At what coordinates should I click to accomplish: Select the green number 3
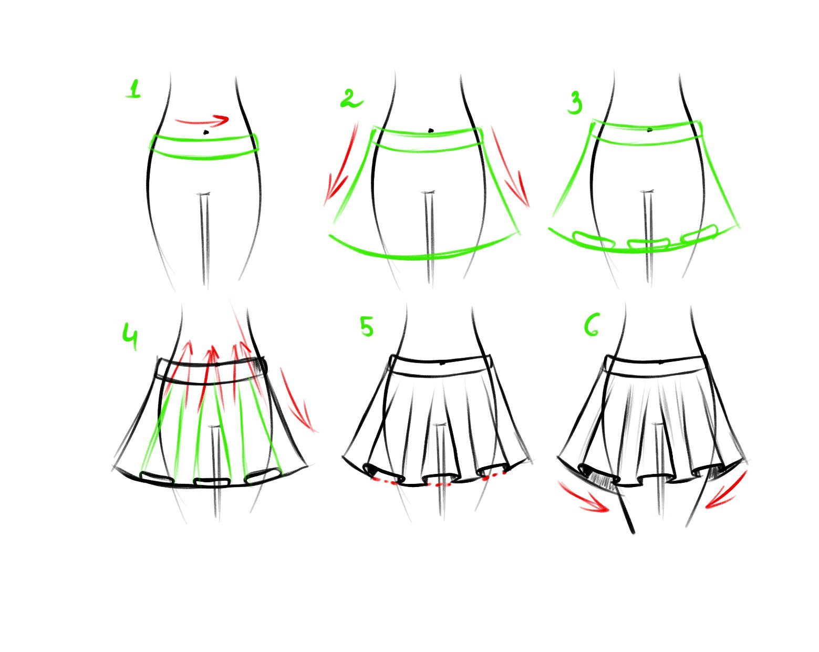pyautogui.click(x=575, y=104)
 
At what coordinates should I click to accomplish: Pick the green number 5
pyautogui.click(x=367, y=327)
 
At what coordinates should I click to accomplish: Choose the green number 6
pyautogui.click(x=592, y=325)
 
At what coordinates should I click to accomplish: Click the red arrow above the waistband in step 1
pyautogui.click(x=202, y=120)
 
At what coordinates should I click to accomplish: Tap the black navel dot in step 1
pyautogui.click(x=206, y=132)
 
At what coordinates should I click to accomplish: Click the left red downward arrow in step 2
pyautogui.click(x=340, y=164)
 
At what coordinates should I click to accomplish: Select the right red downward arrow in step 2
pyautogui.click(x=510, y=168)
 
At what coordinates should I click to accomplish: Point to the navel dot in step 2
pyautogui.click(x=431, y=130)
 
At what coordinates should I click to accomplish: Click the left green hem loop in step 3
pyautogui.click(x=593, y=239)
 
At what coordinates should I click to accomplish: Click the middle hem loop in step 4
pyautogui.click(x=212, y=482)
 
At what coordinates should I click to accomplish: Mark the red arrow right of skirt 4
pyautogui.click(x=298, y=400)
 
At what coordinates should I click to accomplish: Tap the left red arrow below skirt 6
pyautogui.click(x=583, y=496)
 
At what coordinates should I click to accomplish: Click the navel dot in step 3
pyautogui.click(x=650, y=130)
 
